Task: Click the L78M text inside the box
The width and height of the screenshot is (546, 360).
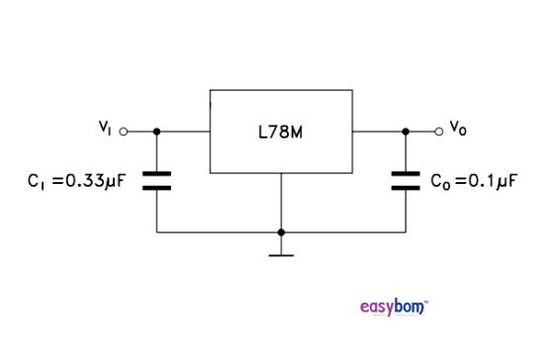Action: (x=280, y=131)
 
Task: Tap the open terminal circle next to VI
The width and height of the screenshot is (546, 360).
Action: (x=124, y=131)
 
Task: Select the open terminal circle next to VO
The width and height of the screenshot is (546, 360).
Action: (x=439, y=131)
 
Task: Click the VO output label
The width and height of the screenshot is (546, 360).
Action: (x=457, y=127)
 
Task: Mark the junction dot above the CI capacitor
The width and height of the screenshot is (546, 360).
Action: (x=156, y=131)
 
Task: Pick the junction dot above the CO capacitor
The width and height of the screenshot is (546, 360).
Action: (x=406, y=131)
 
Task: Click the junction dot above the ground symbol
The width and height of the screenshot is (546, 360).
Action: (x=281, y=232)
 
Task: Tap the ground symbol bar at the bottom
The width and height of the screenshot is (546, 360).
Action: (x=281, y=254)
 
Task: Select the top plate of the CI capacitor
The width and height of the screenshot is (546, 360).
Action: (x=156, y=174)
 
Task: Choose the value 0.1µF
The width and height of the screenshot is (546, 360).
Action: (x=485, y=182)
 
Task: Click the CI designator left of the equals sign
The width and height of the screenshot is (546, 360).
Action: (x=38, y=183)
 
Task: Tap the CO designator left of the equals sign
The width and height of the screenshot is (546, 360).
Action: (x=440, y=183)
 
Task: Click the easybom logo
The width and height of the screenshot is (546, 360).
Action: (x=394, y=308)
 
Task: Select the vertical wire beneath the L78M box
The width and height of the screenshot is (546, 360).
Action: (x=281, y=202)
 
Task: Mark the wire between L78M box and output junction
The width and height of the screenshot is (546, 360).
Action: (x=378, y=131)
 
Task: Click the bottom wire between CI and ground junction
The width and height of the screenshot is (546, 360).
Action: (x=218, y=232)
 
